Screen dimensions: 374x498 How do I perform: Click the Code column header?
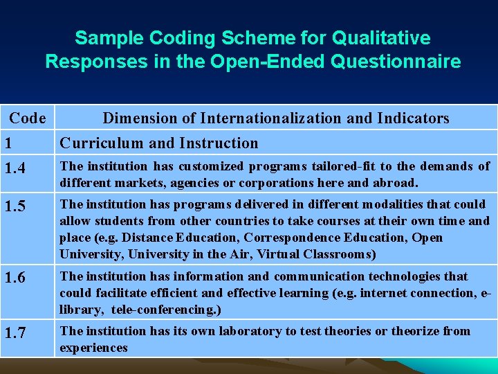click(28, 118)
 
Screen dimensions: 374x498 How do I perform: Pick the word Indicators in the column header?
click(413, 118)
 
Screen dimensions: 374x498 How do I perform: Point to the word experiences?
click(93, 348)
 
